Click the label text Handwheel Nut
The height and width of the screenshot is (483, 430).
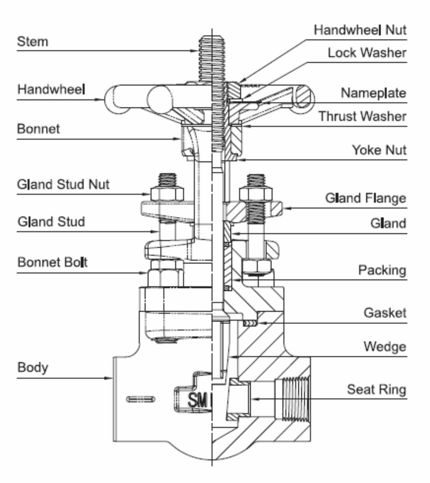[x=360, y=30]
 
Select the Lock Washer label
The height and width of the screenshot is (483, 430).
[x=367, y=53]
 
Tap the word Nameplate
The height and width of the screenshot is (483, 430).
[x=373, y=93]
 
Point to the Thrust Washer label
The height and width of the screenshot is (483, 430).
[x=362, y=116]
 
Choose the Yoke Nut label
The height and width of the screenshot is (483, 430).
[x=379, y=150]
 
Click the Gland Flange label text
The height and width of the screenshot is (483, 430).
[x=365, y=199]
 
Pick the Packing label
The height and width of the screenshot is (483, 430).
[x=382, y=270]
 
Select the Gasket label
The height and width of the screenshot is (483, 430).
[x=385, y=312]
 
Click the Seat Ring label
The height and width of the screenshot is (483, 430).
[x=377, y=389]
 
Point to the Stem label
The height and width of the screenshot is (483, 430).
[x=33, y=42]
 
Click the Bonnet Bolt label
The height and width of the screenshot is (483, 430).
[x=52, y=262]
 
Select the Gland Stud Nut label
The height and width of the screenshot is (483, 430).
[x=64, y=184]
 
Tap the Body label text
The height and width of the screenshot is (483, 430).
[x=33, y=368]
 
